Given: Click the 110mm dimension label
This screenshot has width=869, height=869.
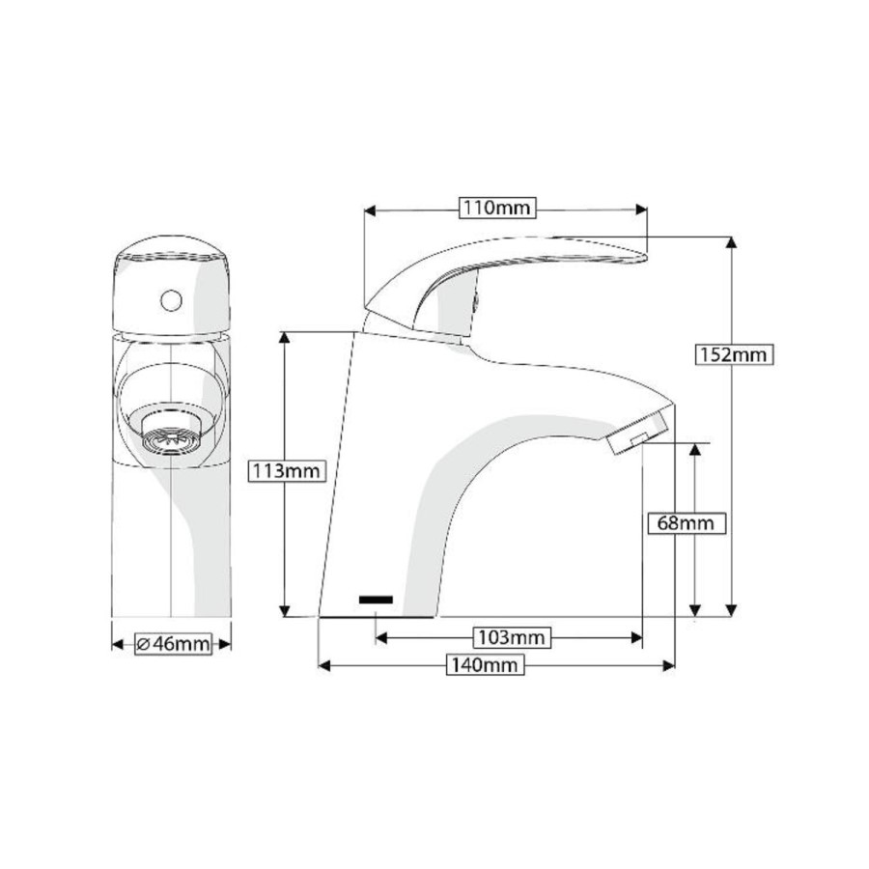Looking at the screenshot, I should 497,209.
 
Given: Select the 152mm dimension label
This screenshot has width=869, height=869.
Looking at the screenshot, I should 734,354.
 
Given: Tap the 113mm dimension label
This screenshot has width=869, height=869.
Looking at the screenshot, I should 285,471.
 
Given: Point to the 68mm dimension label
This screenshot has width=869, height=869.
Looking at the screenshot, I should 685,522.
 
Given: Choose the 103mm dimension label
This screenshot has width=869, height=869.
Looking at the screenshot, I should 511,637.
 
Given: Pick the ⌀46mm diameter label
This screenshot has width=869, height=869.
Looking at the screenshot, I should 173,644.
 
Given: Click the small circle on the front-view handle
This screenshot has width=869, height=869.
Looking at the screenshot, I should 171,300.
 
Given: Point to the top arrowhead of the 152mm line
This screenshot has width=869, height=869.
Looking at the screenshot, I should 732,242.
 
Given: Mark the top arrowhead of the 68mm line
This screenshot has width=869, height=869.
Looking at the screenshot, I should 695,450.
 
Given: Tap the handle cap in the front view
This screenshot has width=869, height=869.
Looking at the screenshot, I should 171,285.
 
